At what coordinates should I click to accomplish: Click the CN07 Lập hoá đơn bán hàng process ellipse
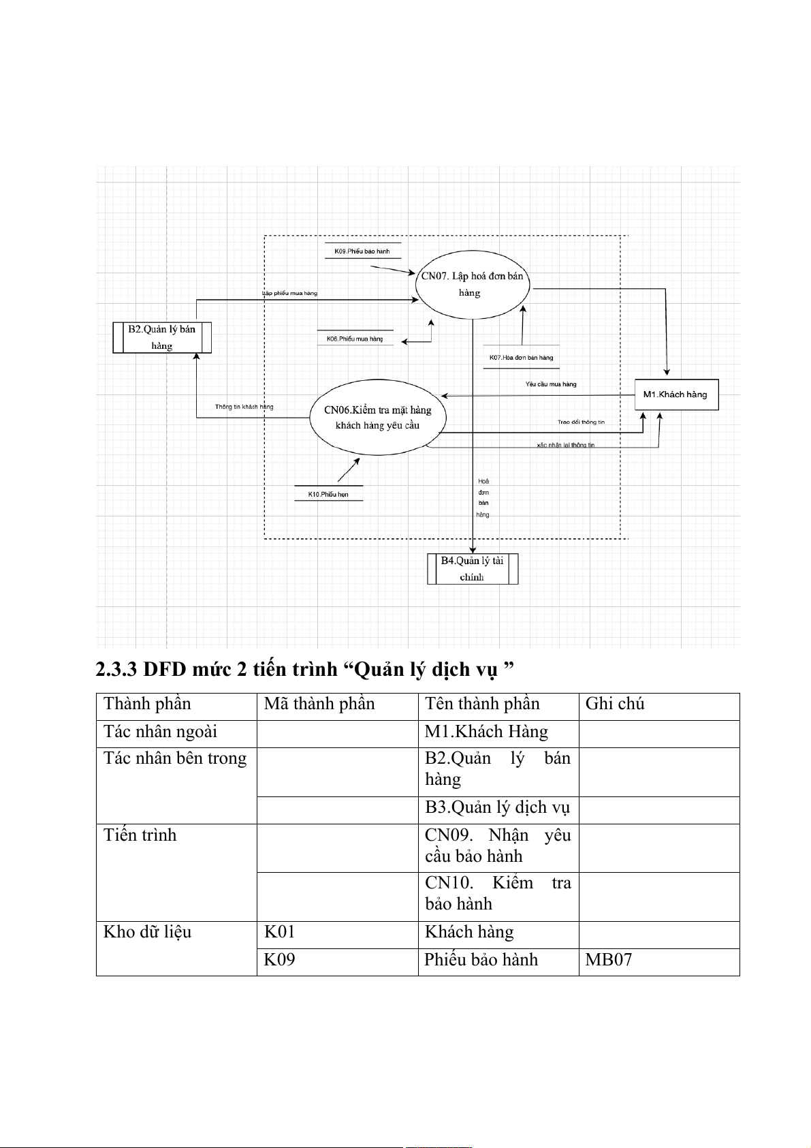point(472,285)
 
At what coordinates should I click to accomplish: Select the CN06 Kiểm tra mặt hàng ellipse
point(377,418)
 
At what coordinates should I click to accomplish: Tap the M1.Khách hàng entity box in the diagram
point(676,394)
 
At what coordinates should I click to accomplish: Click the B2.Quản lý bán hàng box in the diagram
point(162,337)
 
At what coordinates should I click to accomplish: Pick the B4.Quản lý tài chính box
point(473,569)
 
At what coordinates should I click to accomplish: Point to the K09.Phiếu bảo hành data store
point(362,251)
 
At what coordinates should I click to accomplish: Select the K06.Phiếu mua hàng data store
point(355,339)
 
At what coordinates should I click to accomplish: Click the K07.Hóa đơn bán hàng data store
point(521,358)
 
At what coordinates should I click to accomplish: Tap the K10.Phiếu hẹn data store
point(328,495)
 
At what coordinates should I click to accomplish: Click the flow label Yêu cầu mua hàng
point(551,384)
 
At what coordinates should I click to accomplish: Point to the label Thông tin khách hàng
point(244,407)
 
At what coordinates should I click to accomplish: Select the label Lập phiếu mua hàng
point(290,294)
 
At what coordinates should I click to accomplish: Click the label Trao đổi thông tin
point(581,422)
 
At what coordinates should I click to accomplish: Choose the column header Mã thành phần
point(319,704)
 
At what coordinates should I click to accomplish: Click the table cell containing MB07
point(609,960)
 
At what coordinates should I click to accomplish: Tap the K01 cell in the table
point(279,932)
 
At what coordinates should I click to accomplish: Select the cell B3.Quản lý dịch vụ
point(497,808)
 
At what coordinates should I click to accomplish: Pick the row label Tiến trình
point(140,835)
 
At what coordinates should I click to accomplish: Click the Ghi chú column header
point(615,704)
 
